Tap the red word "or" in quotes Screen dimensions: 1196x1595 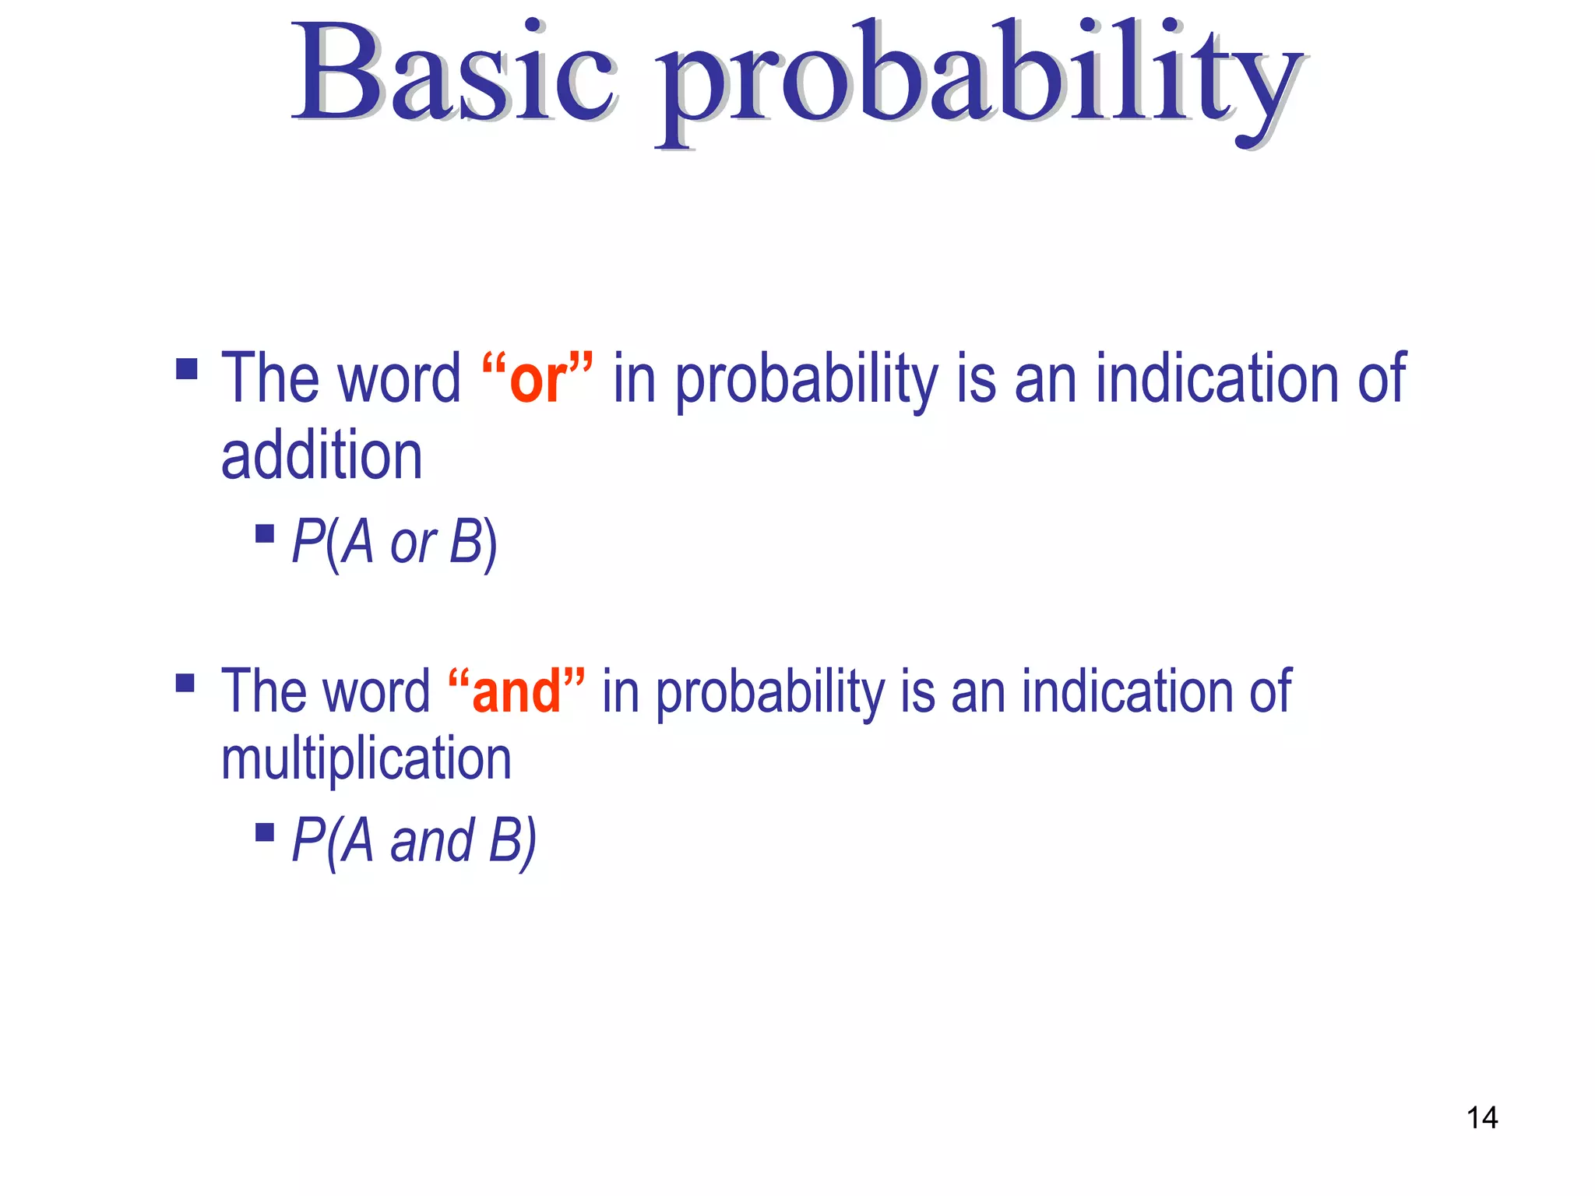(537, 379)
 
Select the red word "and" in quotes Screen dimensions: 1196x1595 (516, 691)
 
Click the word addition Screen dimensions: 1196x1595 (322, 456)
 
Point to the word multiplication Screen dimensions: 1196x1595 (366, 760)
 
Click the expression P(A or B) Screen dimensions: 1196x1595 (394, 542)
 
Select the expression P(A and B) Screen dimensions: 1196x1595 (414, 841)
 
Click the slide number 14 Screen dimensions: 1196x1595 (1481, 1118)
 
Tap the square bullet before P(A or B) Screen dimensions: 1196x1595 (265, 533)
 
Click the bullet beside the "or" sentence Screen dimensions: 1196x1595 (187, 368)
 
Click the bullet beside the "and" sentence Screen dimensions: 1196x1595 (185, 683)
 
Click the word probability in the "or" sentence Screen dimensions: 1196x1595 (806, 382)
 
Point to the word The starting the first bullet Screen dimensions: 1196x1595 (265, 379)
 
